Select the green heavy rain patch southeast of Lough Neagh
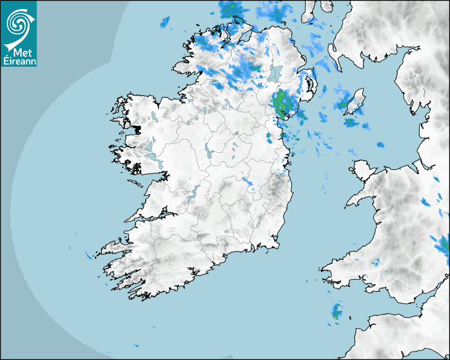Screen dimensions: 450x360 click(281, 100)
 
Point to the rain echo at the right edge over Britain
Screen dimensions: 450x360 click(444, 245)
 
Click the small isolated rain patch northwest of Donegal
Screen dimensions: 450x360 click(166, 22)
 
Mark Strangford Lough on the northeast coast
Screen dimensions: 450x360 click(309, 85)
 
